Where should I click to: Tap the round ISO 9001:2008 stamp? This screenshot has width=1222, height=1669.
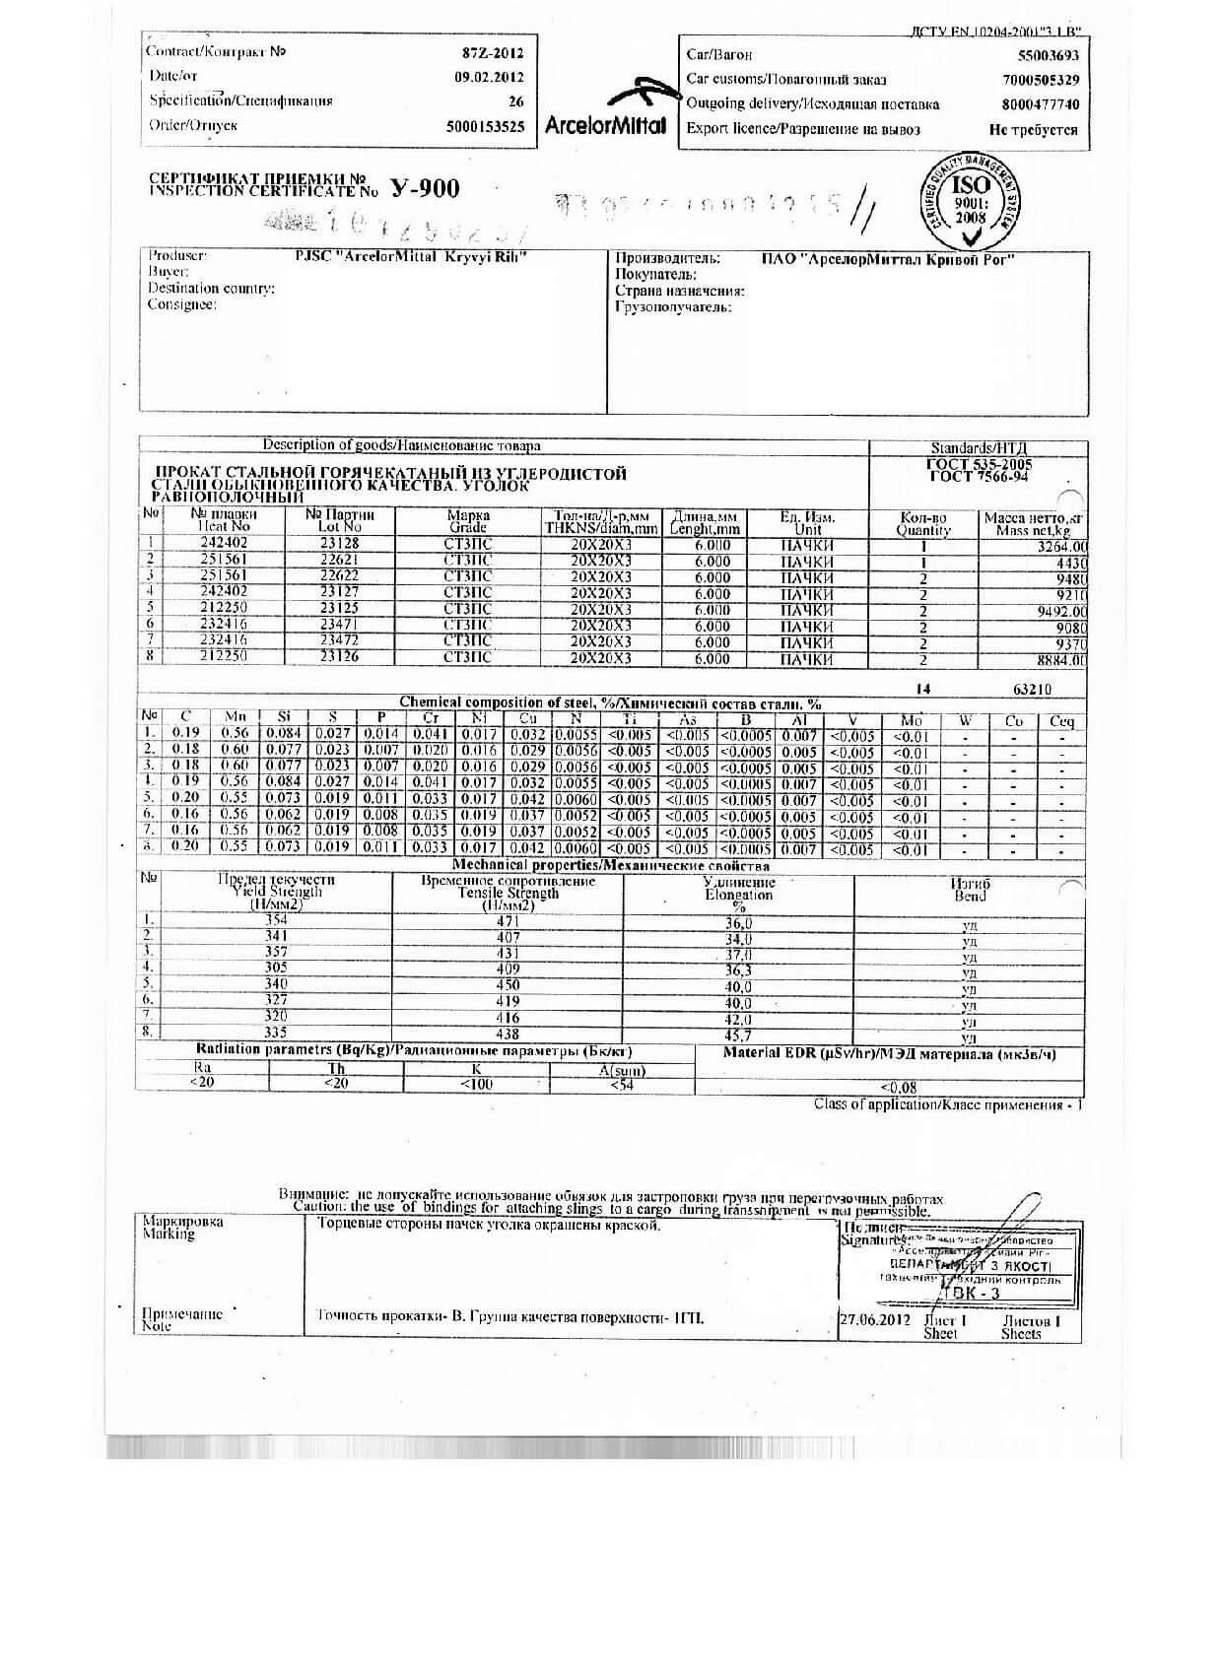pos(970,202)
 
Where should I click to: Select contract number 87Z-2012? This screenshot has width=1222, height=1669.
pos(493,53)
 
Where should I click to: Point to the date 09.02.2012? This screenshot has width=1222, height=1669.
pos(489,77)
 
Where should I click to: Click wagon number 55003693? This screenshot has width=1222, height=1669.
pos(1048,56)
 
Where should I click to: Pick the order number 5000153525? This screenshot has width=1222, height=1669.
pos(485,127)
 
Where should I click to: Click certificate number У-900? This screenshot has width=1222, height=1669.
pos(425,188)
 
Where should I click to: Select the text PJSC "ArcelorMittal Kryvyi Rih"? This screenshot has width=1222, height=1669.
pos(412,257)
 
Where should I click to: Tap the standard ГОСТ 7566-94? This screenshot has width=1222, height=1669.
pos(980,478)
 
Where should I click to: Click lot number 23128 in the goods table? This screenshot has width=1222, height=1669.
pos(339,544)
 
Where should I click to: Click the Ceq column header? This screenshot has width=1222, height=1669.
pos(1061,721)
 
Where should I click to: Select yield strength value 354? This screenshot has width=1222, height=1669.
pos(276,920)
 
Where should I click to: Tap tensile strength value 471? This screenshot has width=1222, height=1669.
pos(508,921)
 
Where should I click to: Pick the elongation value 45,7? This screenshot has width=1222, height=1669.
pos(738,1035)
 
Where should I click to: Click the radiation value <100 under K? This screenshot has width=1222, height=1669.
pos(477,1085)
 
